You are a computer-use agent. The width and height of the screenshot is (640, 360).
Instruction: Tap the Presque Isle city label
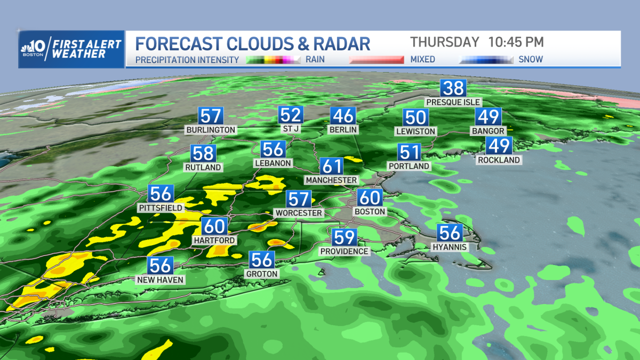[x=453, y=102]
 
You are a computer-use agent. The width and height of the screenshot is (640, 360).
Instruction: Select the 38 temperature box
[x=453, y=87]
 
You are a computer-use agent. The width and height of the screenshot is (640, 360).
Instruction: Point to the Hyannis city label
[x=450, y=247]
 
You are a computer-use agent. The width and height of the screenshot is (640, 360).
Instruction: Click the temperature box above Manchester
[x=331, y=166]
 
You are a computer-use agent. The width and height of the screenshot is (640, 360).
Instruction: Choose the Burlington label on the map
[x=210, y=130]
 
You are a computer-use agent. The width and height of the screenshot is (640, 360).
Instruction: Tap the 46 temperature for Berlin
[x=342, y=115]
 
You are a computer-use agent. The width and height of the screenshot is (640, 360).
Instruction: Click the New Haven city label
[x=160, y=279]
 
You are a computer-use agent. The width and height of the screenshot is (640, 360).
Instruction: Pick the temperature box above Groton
[x=262, y=260]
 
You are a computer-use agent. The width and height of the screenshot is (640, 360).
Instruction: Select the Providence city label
[x=344, y=251]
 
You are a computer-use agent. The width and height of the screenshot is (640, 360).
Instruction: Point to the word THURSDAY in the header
[x=444, y=42]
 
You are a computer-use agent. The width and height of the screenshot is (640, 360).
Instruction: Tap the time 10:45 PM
[x=516, y=42]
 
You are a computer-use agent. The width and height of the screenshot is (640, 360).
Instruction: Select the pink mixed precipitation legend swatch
[x=376, y=60]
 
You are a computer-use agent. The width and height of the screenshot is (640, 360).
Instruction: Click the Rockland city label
[x=499, y=159]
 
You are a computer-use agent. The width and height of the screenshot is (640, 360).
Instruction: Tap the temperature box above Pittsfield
[x=161, y=193]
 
